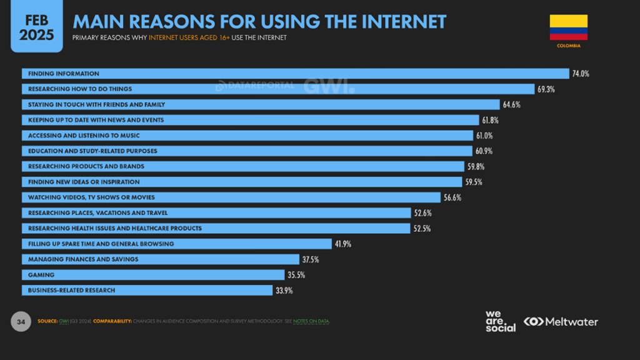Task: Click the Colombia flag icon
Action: point(568,27)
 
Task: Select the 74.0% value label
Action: point(580,74)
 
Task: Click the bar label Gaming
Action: point(41,275)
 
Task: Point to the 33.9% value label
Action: point(284,291)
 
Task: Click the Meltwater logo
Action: point(561,322)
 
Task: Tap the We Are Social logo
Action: point(501,321)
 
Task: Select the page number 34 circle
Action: point(21,322)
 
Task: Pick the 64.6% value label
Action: point(511,104)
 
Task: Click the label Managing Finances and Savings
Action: point(83,259)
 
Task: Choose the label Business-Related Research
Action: point(72,291)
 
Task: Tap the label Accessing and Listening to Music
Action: point(84,136)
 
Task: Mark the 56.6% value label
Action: point(452,197)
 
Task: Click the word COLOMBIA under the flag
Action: point(568,46)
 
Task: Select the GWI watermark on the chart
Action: point(329,86)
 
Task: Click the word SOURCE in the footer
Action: point(48,322)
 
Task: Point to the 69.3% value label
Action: point(546,89)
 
